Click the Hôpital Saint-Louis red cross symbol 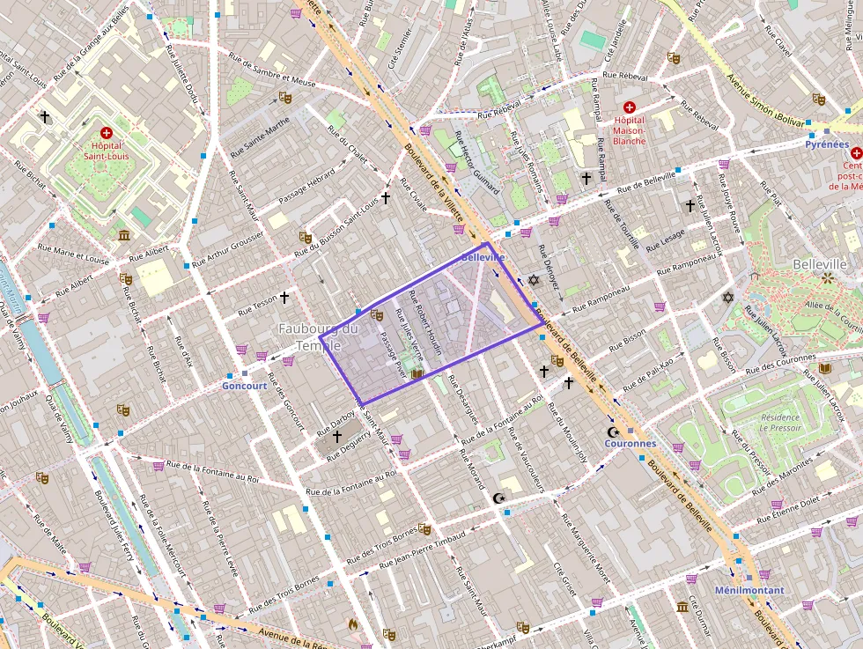point(107,131)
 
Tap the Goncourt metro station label point(244,386)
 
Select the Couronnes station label point(630,444)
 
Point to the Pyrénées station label point(827,144)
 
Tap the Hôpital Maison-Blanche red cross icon point(629,107)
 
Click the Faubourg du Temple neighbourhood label point(318,336)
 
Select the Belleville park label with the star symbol point(819,264)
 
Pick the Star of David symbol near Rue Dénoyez point(533,280)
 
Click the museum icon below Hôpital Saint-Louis point(123,235)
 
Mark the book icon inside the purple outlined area point(417,374)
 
